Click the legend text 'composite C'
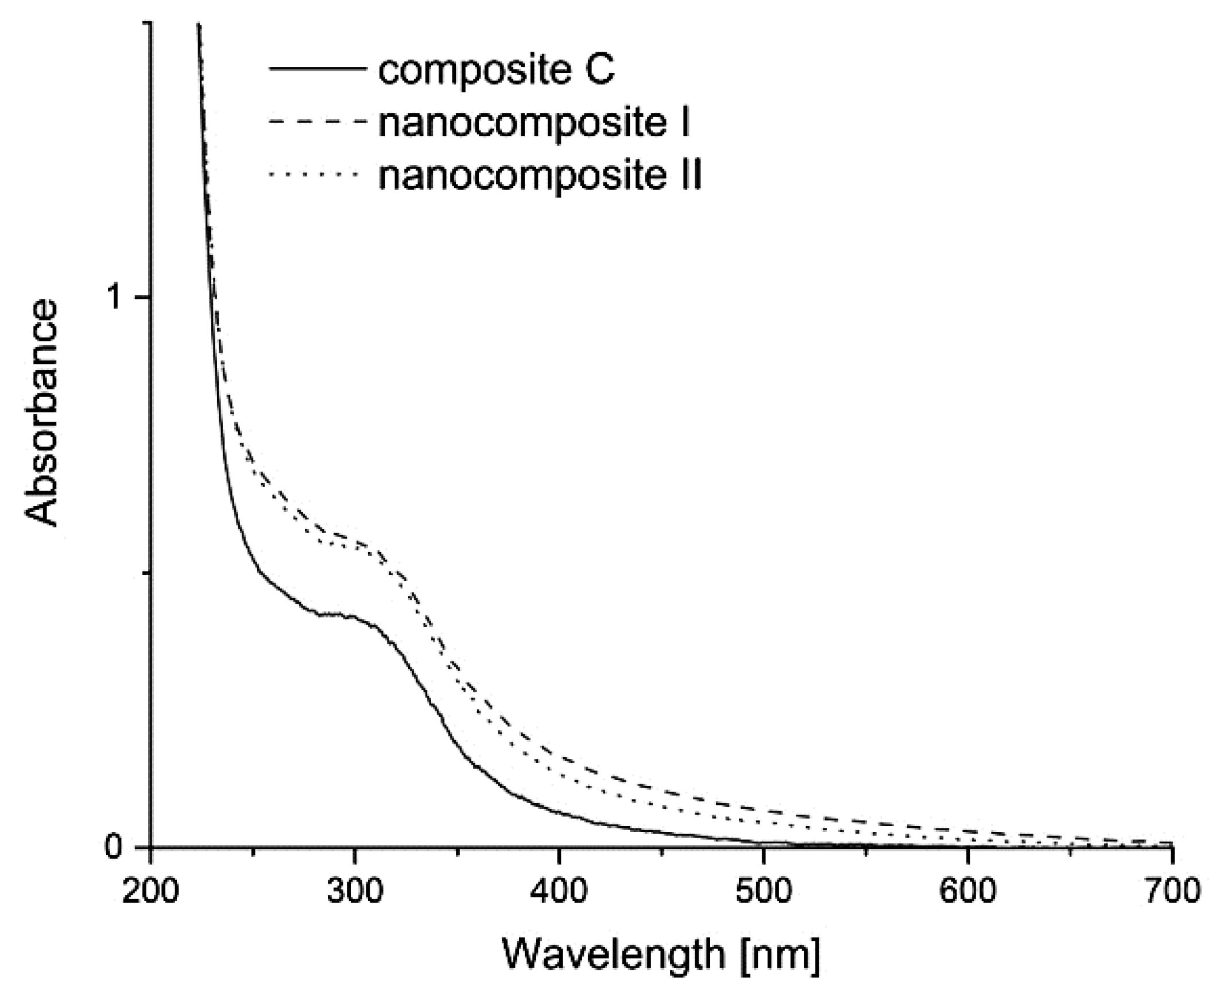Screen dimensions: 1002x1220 (496, 71)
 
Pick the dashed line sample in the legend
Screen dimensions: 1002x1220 (317, 121)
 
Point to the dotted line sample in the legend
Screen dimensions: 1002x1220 (317, 173)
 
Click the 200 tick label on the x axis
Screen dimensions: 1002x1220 (150, 892)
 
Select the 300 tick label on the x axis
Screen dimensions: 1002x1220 (354, 892)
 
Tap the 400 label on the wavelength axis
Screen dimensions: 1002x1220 (559, 892)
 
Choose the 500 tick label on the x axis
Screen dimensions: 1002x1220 (762, 892)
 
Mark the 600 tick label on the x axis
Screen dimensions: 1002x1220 (967, 892)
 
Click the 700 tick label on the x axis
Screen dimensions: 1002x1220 (1171, 892)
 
